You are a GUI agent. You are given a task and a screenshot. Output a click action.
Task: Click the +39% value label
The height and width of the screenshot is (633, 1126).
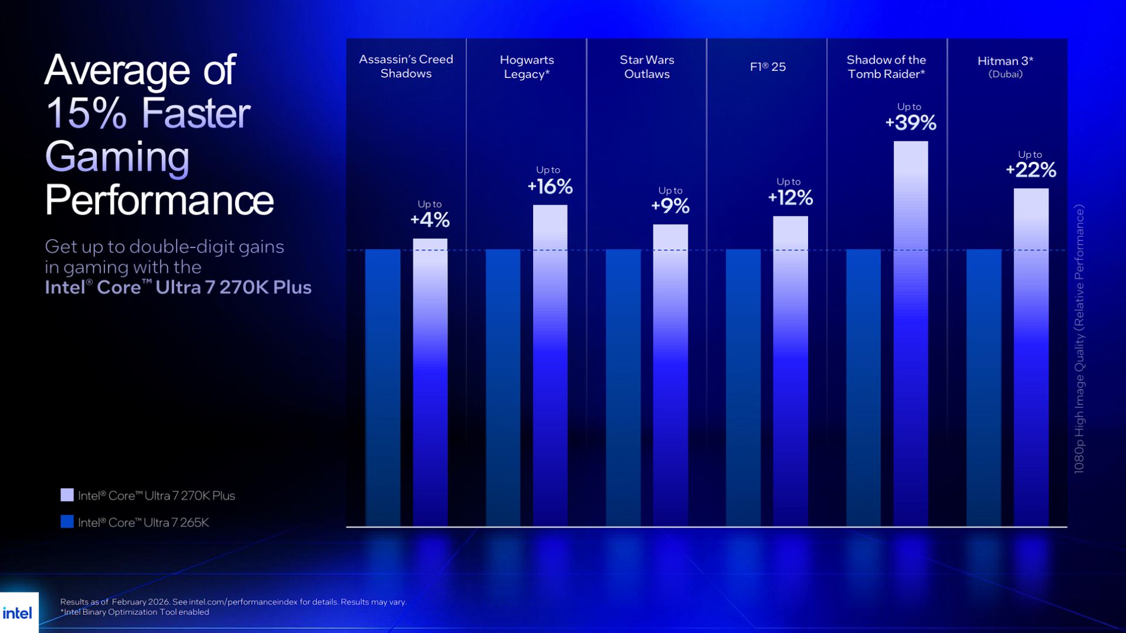pos(911,122)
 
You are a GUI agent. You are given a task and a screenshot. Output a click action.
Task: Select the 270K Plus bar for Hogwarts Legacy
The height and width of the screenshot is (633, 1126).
pos(550,363)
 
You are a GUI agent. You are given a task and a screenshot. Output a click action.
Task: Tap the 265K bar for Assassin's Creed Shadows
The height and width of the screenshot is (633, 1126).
pos(383,387)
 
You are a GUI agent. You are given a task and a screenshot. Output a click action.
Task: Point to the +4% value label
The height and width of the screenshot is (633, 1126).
pos(430,220)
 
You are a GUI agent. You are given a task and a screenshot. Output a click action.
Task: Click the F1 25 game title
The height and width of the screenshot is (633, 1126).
pos(768,67)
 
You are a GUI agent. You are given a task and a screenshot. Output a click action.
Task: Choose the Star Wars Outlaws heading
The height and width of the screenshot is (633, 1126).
pos(647,67)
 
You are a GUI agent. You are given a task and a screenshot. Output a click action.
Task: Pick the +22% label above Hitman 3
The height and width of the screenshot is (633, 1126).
pos(1031,170)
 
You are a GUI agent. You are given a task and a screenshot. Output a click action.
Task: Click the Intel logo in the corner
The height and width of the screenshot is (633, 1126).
pos(18,613)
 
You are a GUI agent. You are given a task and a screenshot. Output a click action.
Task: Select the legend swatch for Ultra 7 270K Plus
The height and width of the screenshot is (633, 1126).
pos(67,495)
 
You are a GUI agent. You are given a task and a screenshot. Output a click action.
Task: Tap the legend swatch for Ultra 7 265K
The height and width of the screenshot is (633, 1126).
pos(67,522)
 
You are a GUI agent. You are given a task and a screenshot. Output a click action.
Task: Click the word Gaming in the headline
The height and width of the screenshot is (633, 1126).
pos(117,156)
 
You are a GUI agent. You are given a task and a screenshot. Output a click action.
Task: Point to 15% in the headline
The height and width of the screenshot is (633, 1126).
pos(86,113)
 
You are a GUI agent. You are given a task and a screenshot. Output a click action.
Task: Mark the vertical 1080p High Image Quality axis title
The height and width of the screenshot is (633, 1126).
pos(1079,339)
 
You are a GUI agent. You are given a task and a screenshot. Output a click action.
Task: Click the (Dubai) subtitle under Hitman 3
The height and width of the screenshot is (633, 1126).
pos(1005,74)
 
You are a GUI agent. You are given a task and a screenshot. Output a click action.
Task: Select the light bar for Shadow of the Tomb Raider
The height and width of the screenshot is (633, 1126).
pos(911,334)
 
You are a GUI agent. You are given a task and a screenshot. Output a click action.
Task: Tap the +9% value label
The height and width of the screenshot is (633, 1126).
pos(670,206)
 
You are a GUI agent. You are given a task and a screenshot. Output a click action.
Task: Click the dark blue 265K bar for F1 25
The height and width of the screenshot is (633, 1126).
pos(743,387)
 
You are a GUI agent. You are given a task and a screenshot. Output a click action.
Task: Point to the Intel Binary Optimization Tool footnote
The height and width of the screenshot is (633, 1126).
pos(136,612)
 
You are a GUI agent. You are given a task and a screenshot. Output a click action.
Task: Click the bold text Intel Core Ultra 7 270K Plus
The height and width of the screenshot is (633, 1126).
pos(178,287)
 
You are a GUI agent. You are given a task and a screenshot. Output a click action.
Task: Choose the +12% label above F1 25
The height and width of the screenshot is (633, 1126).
pos(791,198)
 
